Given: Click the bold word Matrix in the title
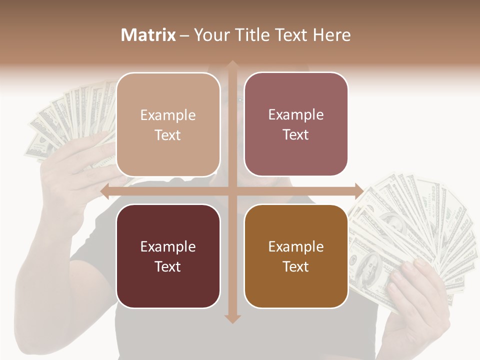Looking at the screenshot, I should [x=148, y=35].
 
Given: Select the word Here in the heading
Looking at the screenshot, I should [x=332, y=35].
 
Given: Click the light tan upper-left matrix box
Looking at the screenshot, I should [x=168, y=124].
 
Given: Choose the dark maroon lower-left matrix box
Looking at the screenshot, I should [x=168, y=256].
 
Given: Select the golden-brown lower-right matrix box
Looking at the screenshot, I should [x=296, y=256].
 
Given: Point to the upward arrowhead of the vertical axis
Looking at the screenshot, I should [x=232, y=65].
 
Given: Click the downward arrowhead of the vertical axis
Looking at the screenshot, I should [x=232, y=318].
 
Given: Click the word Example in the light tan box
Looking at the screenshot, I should [x=168, y=115].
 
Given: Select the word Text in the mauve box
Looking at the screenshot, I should [x=296, y=134].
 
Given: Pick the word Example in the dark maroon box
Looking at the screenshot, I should [x=168, y=246].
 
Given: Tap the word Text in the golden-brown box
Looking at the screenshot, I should [x=296, y=266].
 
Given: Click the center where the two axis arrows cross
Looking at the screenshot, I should [x=232, y=191].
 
